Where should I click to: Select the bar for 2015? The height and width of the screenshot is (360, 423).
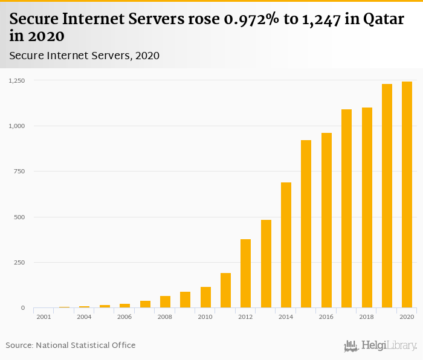pyautogui.click(x=306, y=224)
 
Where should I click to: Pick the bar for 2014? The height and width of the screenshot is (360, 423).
pyautogui.click(x=286, y=245)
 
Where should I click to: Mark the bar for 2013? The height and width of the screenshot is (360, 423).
pyautogui.click(x=266, y=264)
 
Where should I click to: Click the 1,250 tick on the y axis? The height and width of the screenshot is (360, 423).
pyautogui.click(x=17, y=80)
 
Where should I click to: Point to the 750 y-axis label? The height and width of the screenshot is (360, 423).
pyautogui.click(x=20, y=172)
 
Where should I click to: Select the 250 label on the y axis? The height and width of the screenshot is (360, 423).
pyautogui.click(x=20, y=263)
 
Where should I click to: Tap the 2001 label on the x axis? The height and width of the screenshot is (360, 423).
pyautogui.click(x=44, y=317)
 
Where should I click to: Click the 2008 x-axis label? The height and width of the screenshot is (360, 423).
pyautogui.click(x=165, y=317)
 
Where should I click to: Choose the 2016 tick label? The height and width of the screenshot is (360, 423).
pyautogui.click(x=326, y=317)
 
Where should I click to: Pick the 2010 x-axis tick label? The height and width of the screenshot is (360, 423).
pyautogui.click(x=205, y=317)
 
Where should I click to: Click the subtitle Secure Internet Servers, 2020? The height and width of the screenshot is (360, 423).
pyautogui.click(x=84, y=56)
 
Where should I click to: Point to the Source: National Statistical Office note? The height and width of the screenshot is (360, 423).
pyautogui.click(x=71, y=346)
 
